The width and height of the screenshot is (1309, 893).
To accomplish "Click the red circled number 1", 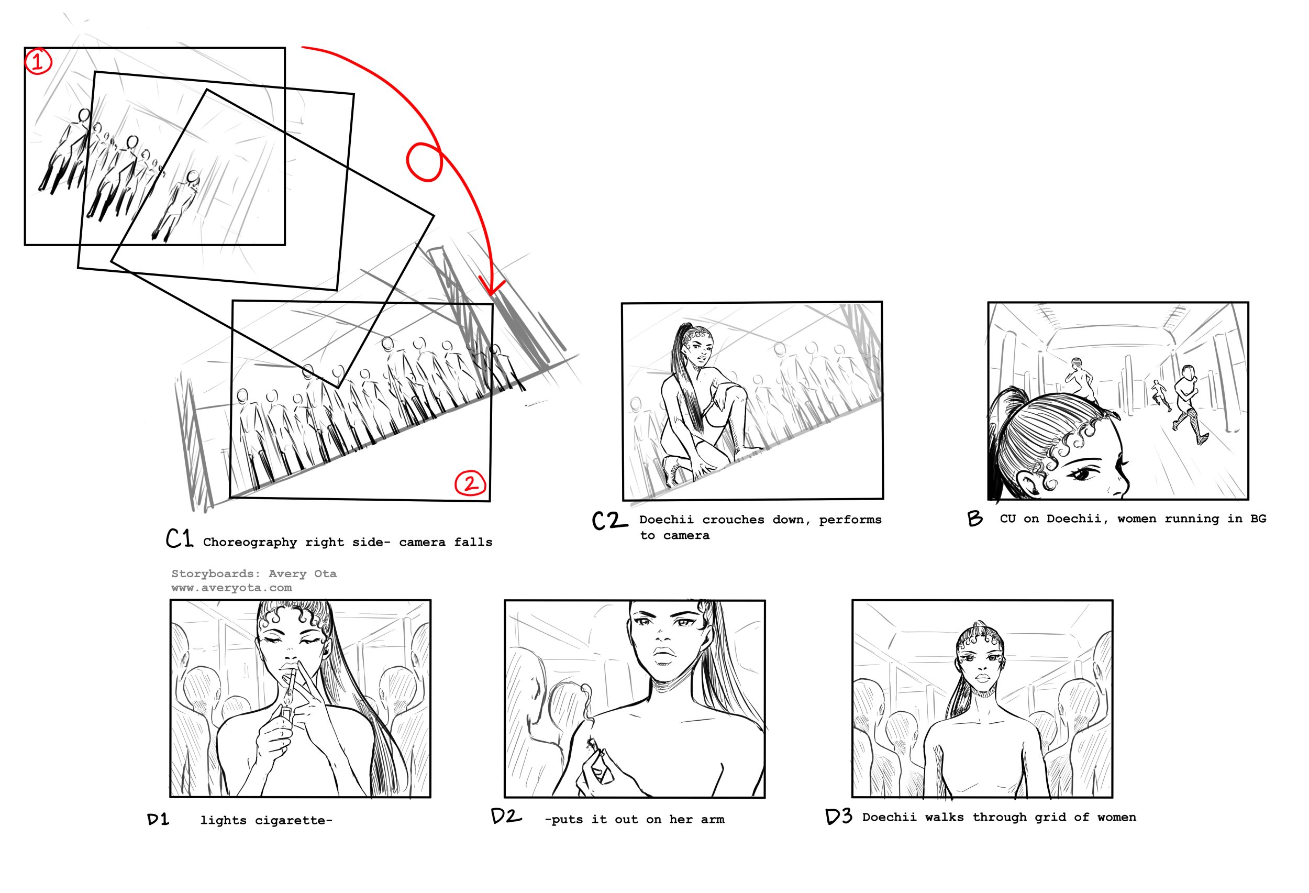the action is [x=38, y=61].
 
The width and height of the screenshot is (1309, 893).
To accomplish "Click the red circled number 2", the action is [x=470, y=483].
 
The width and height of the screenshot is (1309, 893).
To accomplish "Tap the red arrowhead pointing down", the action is [x=492, y=286].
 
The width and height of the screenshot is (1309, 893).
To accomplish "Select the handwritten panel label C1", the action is [x=180, y=538].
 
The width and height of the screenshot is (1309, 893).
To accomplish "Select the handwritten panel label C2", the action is [x=609, y=521].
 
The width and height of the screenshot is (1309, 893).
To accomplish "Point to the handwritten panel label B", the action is [x=975, y=519].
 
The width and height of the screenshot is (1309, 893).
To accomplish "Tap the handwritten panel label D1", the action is [x=158, y=820].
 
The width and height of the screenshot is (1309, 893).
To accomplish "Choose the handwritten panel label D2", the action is [x=506, y=817].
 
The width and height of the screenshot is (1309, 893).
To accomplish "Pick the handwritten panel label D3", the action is [x=839, y=817].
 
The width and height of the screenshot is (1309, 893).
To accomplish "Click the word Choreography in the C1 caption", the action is [x=250, y=543].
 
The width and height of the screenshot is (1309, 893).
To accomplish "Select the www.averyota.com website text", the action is [x=232, y=588].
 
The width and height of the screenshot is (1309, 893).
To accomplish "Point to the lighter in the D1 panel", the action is [x=286, y=713].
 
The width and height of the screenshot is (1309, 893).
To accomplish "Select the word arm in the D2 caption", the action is [x=713, y=820].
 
